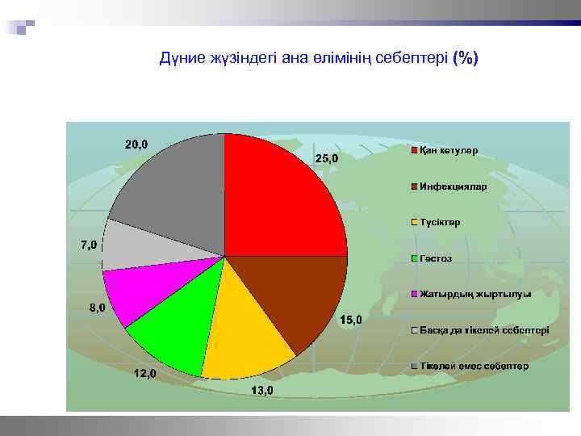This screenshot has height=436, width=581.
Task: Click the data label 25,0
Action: pyautogui.click(x=326, y=159)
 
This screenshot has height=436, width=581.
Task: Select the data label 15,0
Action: pyautogui.click(x=350, y=321)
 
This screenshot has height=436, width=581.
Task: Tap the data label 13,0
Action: pyautogui.click(x=261, y=391)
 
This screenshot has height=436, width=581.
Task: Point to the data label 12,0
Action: pyautogui.click(x=144, y=374)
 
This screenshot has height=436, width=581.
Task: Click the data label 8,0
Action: pyautogui.click(x=96, y=308)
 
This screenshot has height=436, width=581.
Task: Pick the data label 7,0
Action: pyautogui.click(x=88, y=244)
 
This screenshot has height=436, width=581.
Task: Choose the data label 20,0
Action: pyautogui.click(x=136, y=145)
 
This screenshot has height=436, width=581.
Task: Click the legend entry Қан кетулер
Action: pyautogui.click(x=449, y=151)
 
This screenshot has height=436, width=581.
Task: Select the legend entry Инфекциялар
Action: pyautogui.click(x=452, y=187)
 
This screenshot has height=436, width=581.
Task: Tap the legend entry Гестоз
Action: pyautogui.click(x=436, y=258)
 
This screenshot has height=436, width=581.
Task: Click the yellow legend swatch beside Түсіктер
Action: pyautogui.click(x=414, y=223)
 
